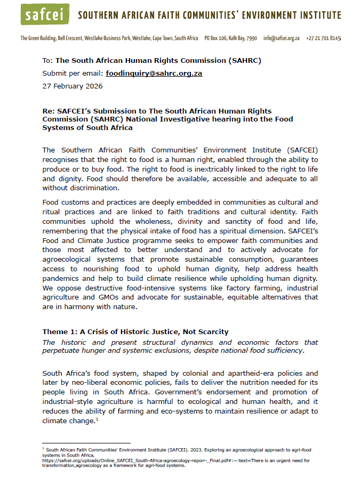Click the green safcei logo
click(45, 14)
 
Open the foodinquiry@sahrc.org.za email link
click(154, 74)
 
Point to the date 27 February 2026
click(73, 86)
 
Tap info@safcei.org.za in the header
click(281, 38)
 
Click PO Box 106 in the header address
click(218, 38)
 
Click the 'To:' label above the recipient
click(48, 61)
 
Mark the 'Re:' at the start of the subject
click(49, 110)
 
